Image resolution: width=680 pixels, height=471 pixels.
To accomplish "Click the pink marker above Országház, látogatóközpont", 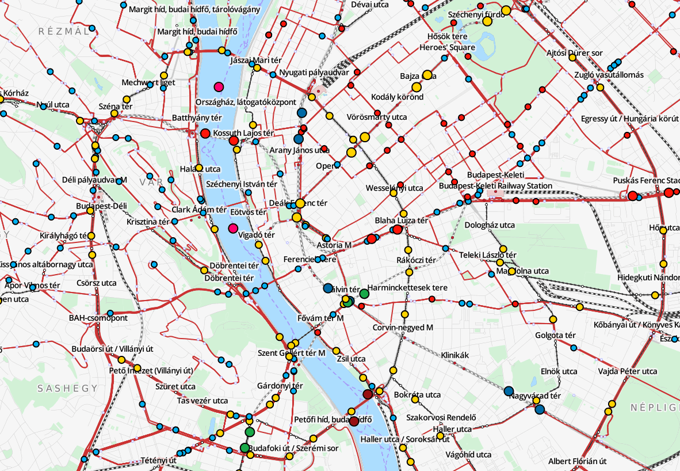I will pyautogui.click(x=218, y=88).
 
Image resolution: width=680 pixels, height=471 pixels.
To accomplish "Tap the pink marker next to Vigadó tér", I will pyautogui.click(x=233, y=228).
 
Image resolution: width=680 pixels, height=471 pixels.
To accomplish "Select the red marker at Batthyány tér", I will pyautogui.click(x=205, y=134).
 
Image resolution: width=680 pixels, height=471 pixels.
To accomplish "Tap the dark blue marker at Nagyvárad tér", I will pyautogui.click(x=509, y=392).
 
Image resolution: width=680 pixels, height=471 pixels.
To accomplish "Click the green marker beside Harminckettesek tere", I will pyautogui.click(x=364, y=294).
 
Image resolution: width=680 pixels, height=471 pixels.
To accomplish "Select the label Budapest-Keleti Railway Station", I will pyautogui.click(x=495, y=186).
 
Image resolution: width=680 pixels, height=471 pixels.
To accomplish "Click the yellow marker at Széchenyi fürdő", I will pyautogui.click(x=506, y=10).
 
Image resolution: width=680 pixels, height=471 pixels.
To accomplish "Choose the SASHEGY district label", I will pyautogui.click(x=68, y=388).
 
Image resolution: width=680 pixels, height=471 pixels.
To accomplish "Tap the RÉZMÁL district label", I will pyautogui.click(x=64, y=32).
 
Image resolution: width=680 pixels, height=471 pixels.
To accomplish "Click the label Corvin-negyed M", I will pyautogui.click(x=403, y=328).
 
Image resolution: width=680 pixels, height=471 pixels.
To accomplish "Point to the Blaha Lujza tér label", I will pyautogui.click(x=401, y=221).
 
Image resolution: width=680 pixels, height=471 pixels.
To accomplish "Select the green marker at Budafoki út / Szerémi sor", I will pyautogui.click(x=245, y=447).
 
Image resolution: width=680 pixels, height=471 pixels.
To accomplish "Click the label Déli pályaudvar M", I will pyautogui.click(x=94, y=180).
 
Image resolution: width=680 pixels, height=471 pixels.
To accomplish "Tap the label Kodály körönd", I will pyautogui.click(x=397, y=97).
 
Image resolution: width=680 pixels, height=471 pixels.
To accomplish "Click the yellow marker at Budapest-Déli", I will pyautogui.click(x=90, y=211).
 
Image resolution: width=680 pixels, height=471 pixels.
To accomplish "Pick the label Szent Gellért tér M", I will pyautogui.click(x=291, y=352).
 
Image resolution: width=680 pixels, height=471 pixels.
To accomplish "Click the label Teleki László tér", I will pyautogui.click(x=487, y=255).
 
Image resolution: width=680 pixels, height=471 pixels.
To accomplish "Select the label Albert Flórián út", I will pyautogui.click(x=577, y=461).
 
